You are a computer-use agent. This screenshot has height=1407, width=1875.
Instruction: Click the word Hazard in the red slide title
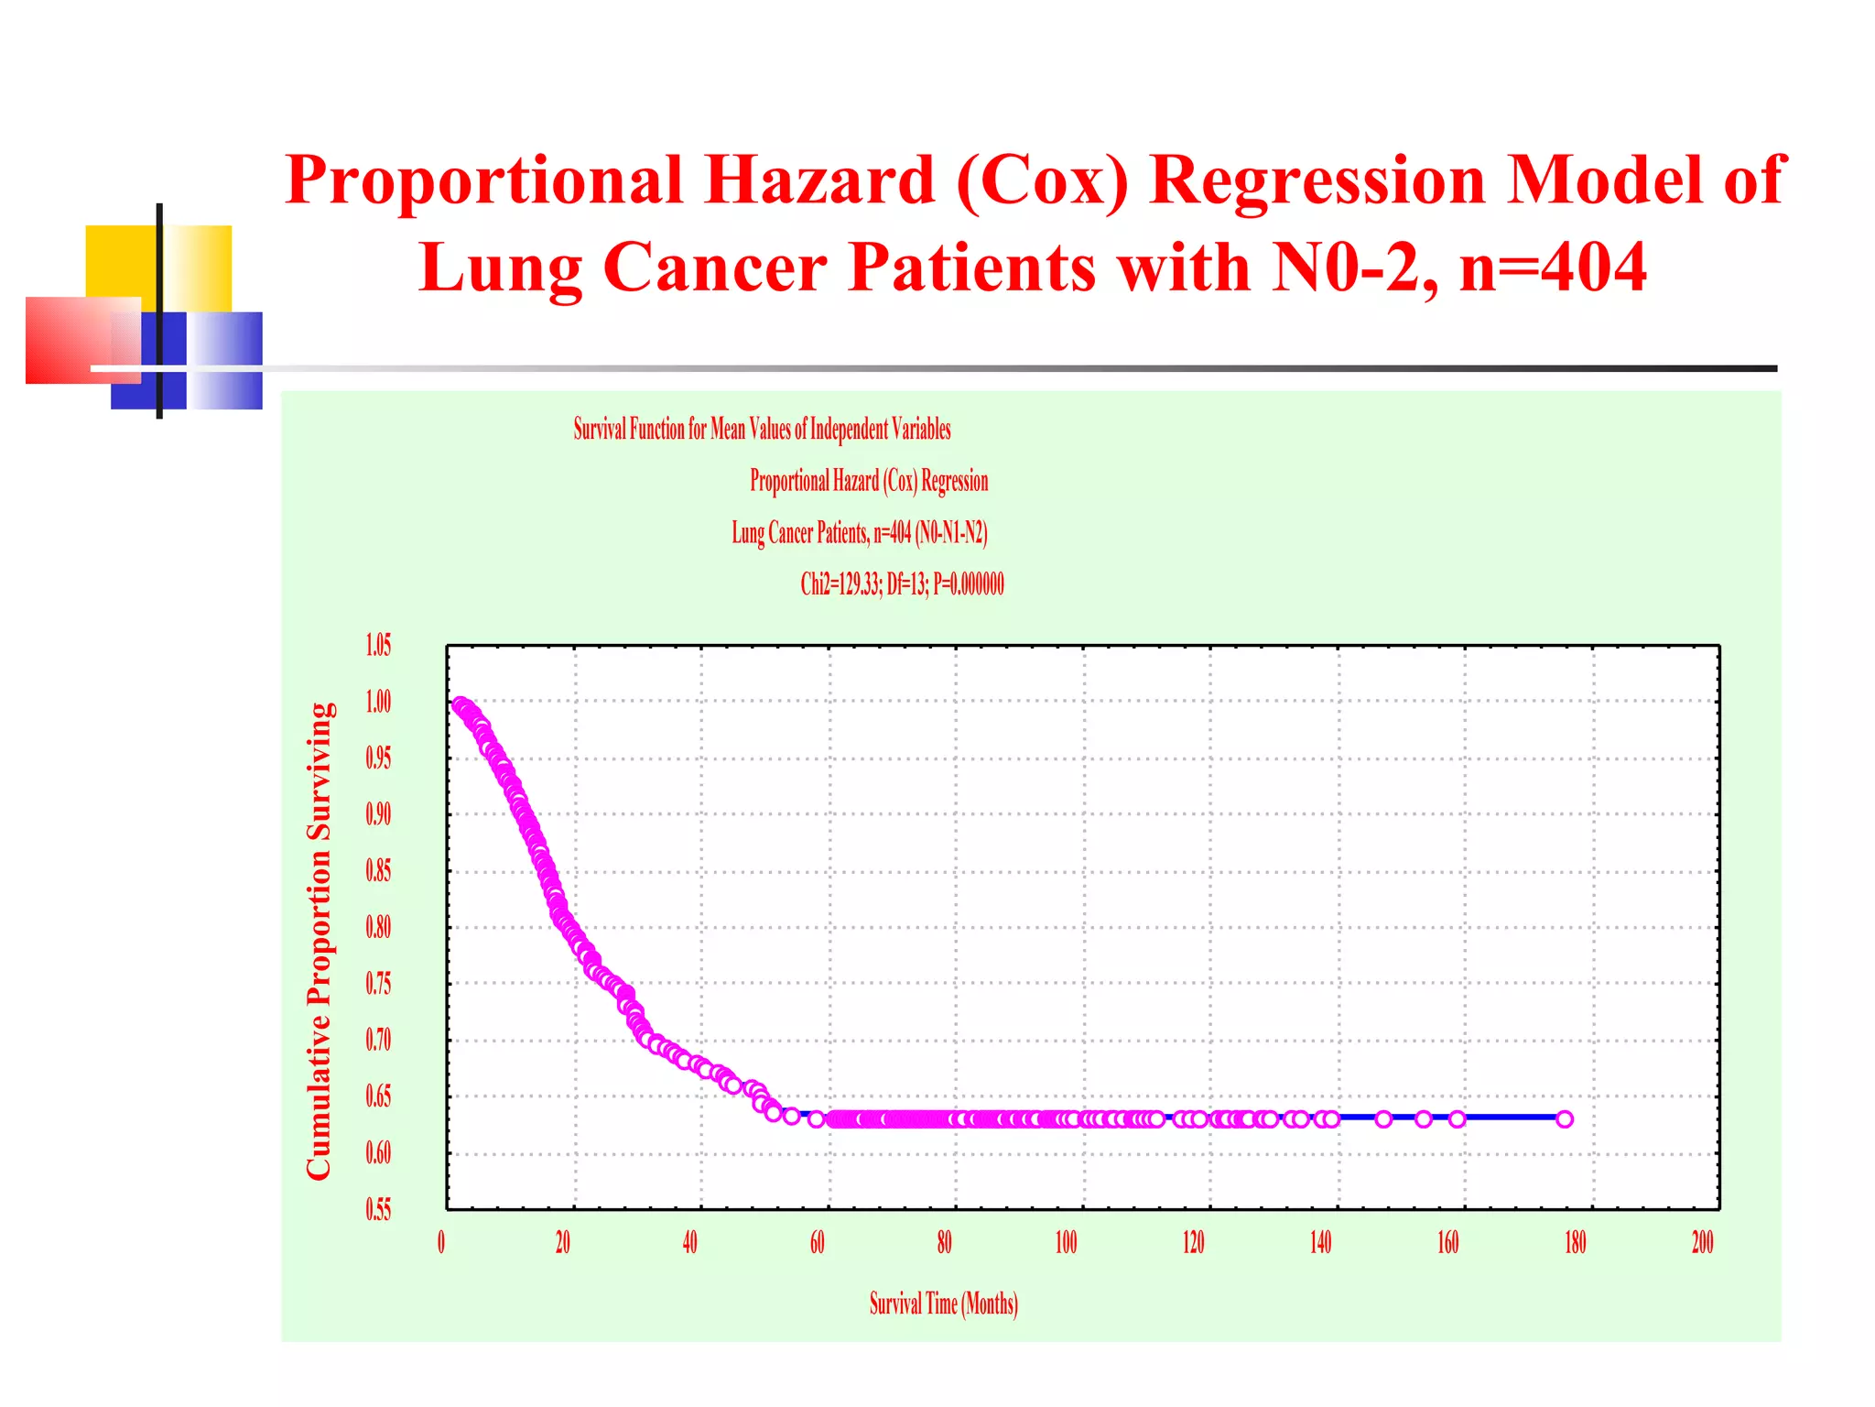[819, 180]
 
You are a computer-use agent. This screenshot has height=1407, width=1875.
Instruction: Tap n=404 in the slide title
[1553, 267]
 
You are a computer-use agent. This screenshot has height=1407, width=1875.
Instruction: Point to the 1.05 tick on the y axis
[378, 645]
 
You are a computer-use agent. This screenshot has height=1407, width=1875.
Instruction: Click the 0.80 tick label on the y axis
[378, 927]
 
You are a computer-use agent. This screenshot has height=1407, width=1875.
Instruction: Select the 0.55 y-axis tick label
[378, 1209]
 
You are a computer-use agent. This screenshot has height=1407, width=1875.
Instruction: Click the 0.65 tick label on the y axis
[378, 1096]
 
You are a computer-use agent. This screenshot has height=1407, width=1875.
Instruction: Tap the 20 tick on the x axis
[563, 1242]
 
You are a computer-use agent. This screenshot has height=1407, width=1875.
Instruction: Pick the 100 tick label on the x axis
[1067, 1242]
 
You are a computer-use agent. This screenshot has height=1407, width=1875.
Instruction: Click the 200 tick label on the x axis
[1702, 1242]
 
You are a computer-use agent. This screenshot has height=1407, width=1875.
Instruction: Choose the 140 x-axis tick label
[1320, 1242]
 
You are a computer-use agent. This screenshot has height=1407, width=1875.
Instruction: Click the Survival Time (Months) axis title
[943, 1303]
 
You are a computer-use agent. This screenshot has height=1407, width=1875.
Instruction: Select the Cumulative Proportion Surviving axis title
[319, 941]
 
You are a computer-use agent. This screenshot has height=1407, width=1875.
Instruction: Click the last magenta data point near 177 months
[1565, 1118]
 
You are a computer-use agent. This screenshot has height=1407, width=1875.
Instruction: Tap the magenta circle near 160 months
[1457, 1118]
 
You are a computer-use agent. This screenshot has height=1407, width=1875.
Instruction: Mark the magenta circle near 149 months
[1383, 1118]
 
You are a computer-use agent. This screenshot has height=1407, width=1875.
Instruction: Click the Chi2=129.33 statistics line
[902, 584]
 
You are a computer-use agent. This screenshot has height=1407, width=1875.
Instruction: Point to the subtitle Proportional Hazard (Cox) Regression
[869, 481]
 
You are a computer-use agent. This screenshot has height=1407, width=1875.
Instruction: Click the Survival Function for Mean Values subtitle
[762, 429]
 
